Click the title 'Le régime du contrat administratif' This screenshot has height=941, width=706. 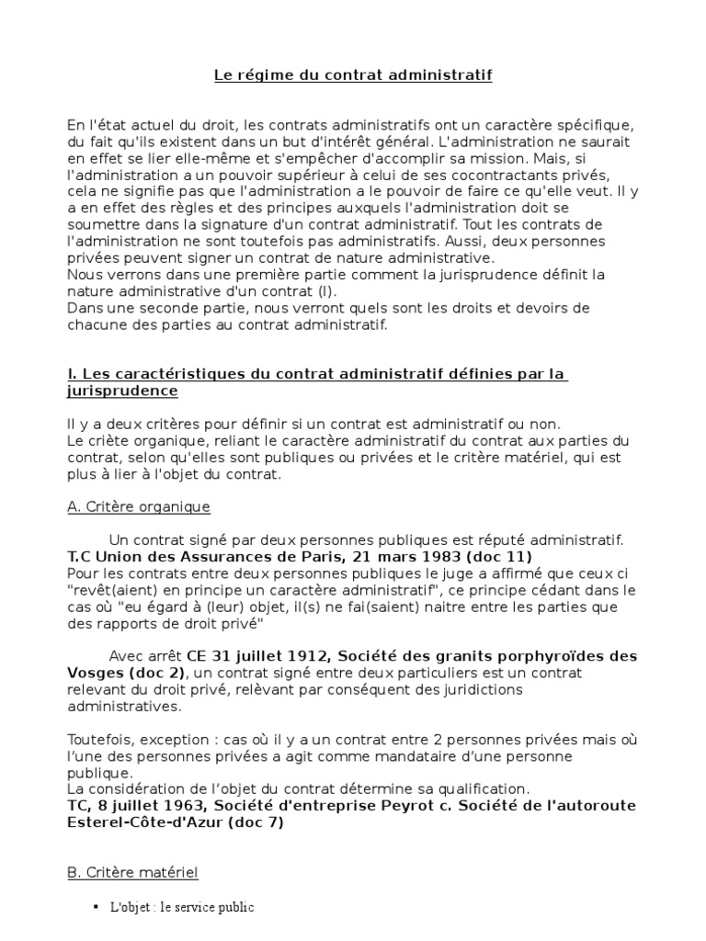click(353, 75)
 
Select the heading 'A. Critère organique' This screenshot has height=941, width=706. click(139, 506)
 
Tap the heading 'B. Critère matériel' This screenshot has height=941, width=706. click(132, 871)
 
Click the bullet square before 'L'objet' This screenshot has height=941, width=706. click(96, 907)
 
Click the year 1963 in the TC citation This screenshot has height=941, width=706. click(165, 806)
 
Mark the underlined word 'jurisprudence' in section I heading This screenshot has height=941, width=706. click(122, 391)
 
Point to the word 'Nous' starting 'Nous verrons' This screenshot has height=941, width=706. click(86, 274)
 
